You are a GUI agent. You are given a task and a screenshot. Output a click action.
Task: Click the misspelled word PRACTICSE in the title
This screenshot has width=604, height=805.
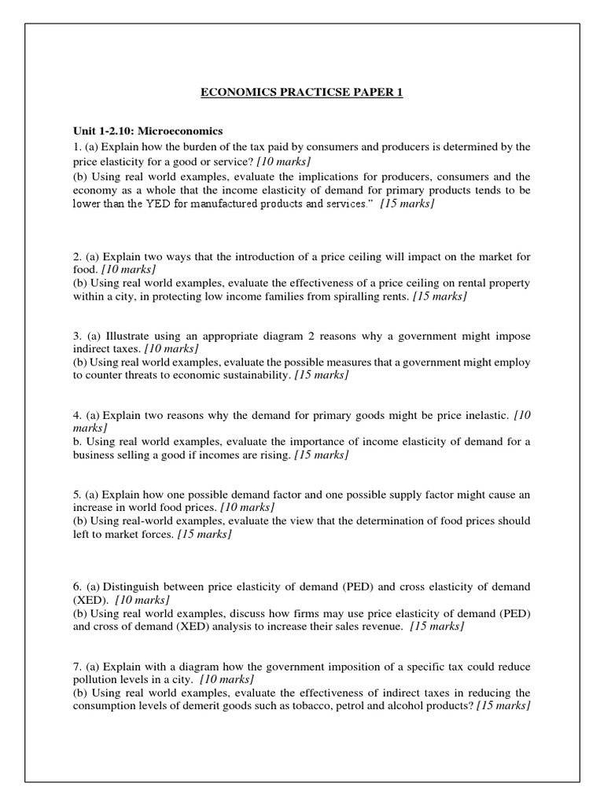coord(309,93)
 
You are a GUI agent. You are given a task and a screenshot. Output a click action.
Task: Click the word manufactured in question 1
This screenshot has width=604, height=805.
coord(226,204)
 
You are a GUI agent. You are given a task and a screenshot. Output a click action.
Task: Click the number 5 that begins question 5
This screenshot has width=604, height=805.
coord(75,494)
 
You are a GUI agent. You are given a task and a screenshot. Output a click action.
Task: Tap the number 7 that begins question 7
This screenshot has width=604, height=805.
coord(75,667)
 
